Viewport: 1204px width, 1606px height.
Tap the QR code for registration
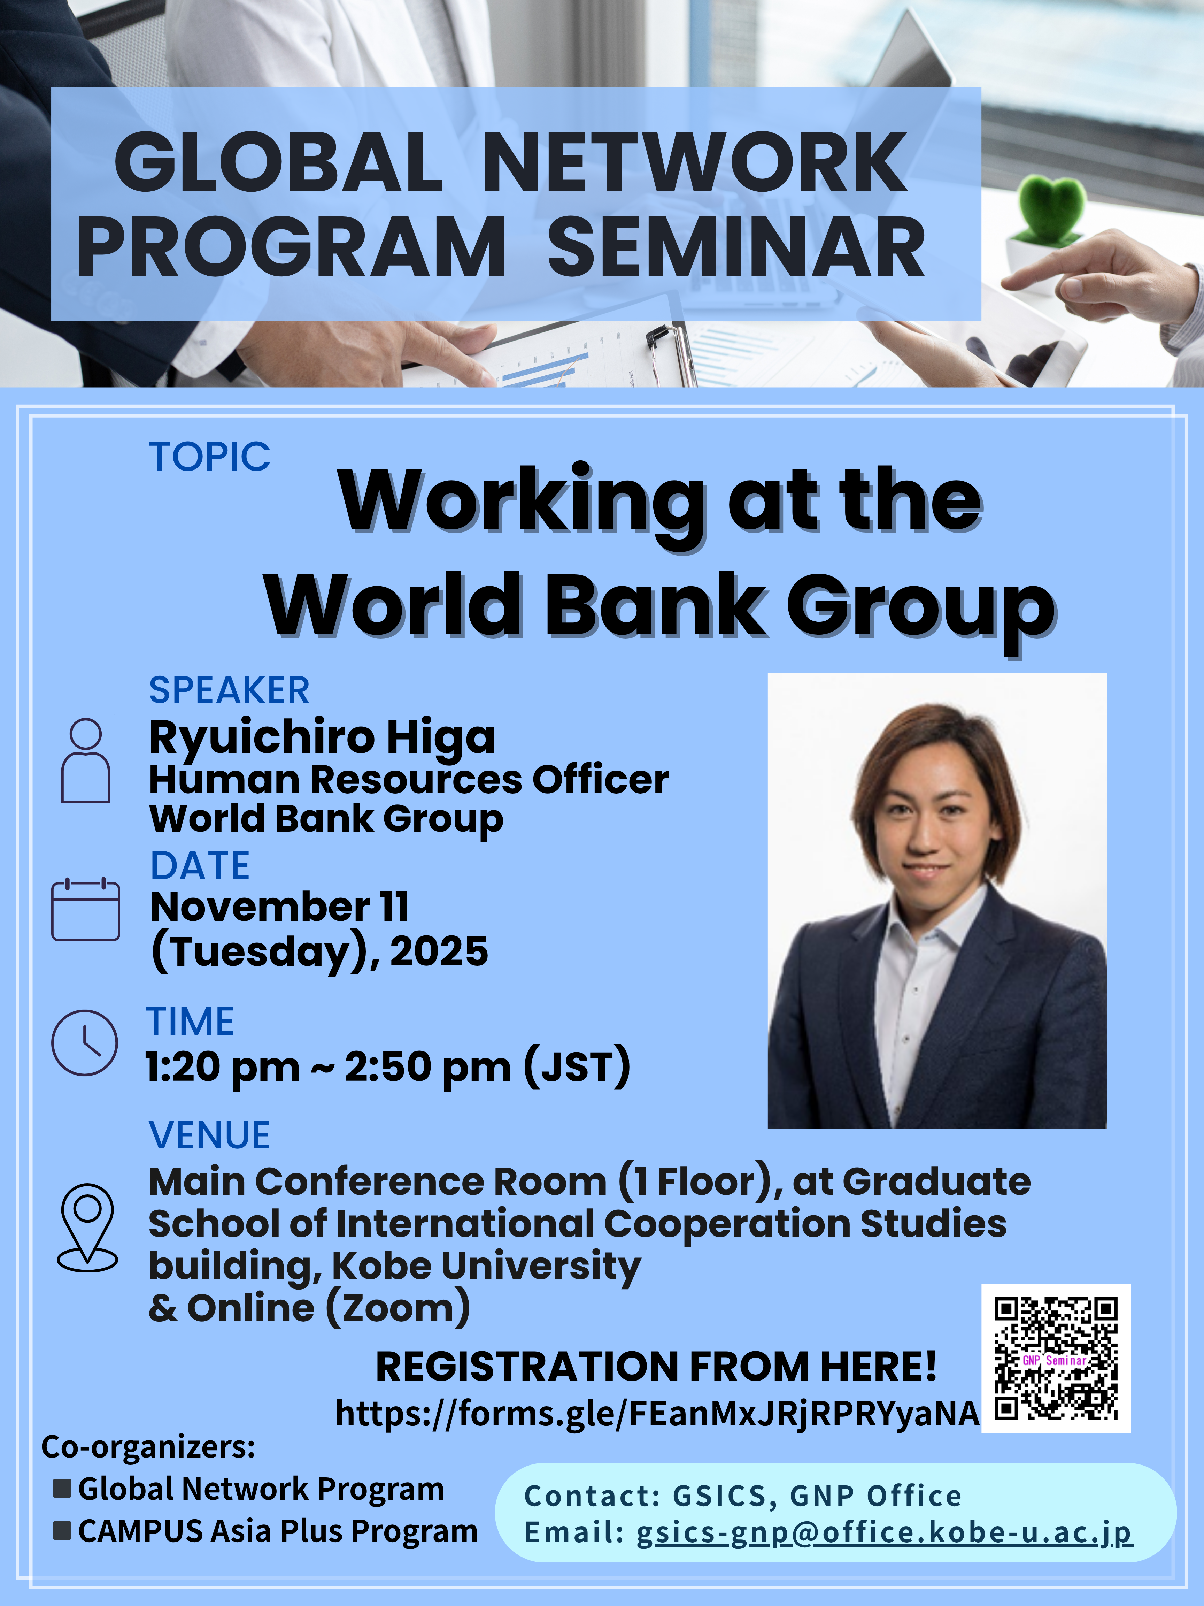point(1056,1359)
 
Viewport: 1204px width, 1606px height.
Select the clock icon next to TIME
point(84,1042)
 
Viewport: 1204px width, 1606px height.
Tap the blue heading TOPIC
point(210,457)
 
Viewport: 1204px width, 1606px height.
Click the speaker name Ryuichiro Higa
point(322,738)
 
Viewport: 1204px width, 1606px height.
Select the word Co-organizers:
point(148,1447)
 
